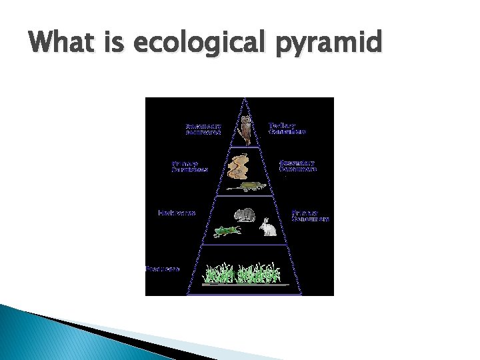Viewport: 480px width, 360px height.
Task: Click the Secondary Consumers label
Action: point(297,165)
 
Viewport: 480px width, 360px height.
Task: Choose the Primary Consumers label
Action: point(310,215)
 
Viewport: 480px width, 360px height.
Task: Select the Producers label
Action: point(163,269)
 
